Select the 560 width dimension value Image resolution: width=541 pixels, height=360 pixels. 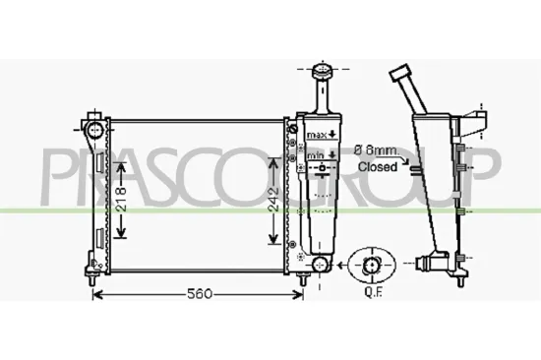(198, 295)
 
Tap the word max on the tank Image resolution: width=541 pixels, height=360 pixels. (316, 133)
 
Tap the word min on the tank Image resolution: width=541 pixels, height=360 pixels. (315, 155)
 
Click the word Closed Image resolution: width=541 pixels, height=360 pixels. (377, 167)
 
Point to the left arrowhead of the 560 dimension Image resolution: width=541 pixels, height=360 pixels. (95, 295)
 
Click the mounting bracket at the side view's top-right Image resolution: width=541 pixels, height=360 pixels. (479, 120)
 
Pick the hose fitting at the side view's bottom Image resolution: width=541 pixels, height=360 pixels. (430, 263)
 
